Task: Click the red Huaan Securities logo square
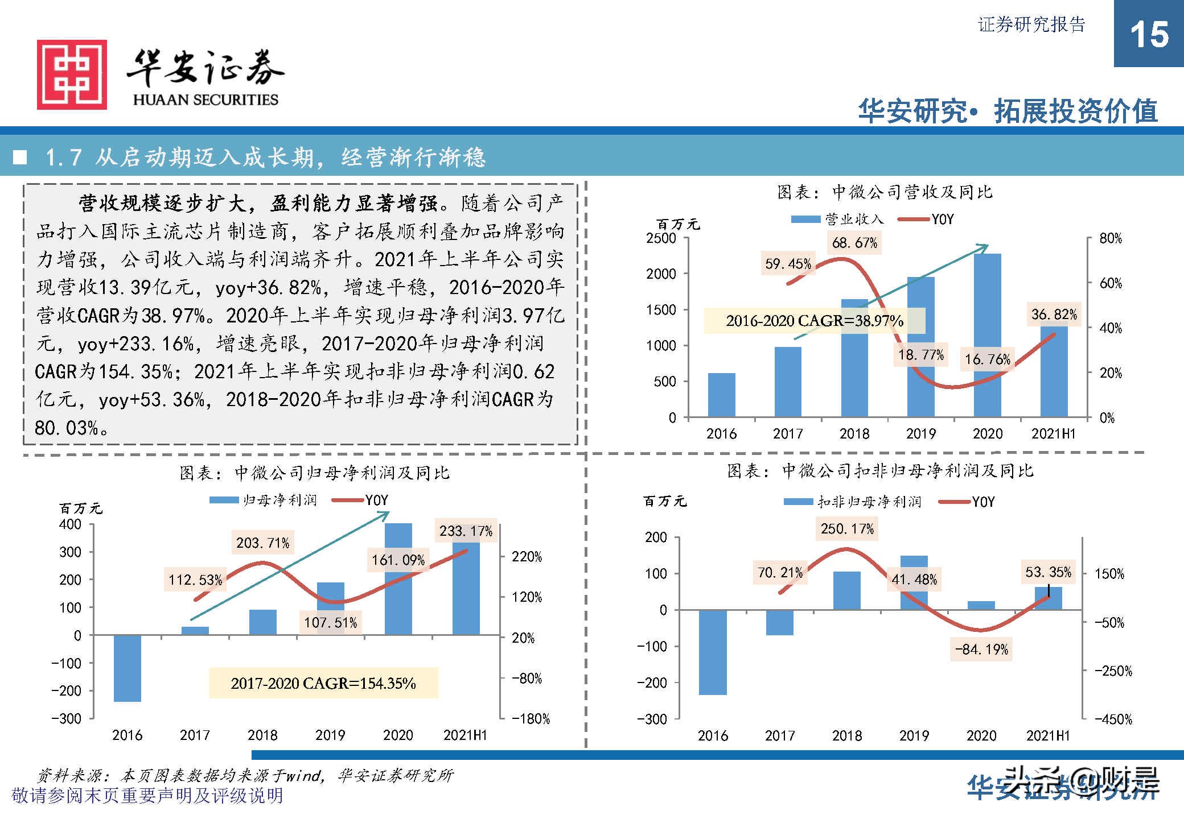pos(72,75)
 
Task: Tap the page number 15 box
pos(1148,34)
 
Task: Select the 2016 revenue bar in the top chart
pos(721,395)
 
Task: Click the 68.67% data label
pos(854,243)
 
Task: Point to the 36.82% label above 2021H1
pos(1054,315)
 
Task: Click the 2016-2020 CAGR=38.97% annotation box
pos(814,321)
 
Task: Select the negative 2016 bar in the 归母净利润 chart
pos(127,668)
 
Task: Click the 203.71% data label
pos(262,543)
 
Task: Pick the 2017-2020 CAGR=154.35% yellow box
pos(323,683)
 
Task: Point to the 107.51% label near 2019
pos(330,623)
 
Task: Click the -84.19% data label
pos(981,650)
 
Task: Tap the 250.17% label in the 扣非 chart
pos(847,529)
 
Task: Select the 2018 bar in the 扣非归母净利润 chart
pos(847,591)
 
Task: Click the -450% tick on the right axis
pos(1113,719)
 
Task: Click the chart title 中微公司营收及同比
pos(885,192)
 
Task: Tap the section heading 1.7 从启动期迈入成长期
pos(265,158)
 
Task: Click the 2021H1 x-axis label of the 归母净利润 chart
pos(465,735)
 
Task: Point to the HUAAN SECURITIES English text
pos(205,100)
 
